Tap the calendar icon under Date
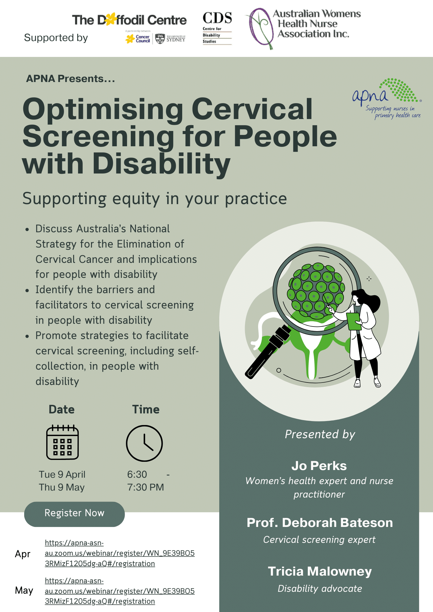click(62, 442)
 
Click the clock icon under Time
click(144, 443)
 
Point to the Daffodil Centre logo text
click(129, 20)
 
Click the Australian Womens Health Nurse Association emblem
click(261, 28)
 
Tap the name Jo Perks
click(319, 466)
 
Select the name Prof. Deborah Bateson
click(320, 523)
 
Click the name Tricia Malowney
click(320, 571)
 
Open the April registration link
click(119, 553)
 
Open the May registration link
click(119, 591)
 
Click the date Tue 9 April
click(62, 474)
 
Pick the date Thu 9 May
click(62, 487)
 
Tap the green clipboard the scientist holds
click(354, 321)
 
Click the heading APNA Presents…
click(70, 79)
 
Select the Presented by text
click(320, 434)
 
